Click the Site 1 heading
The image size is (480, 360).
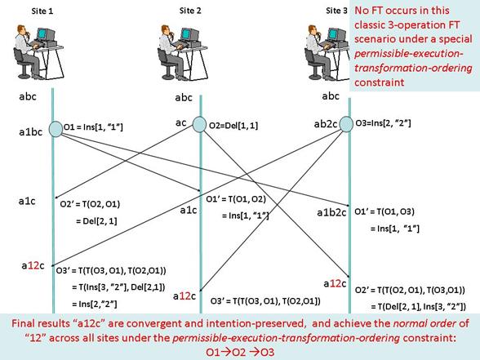click(42, 11)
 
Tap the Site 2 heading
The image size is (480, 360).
click(190, 11)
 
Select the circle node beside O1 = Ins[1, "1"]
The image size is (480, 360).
click(56, 129)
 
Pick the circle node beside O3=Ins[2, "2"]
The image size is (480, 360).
click(346, 124)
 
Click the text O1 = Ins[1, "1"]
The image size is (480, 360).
click(93, 127)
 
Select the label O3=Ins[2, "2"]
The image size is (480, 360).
click(383, 123)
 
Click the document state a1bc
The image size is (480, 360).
click(31, 132)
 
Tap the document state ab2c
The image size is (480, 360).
click(326, 124)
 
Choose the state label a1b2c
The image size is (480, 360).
click(331, 212)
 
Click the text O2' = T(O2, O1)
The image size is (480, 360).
click(90, 204)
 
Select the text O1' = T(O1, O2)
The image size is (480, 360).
click(236, 199)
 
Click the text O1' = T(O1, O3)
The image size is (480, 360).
click(384, 211)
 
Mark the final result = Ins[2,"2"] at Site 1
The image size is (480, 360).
click(95, 304)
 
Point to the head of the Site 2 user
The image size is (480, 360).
click(167, 29)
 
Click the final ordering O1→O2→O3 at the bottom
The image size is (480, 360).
click(240, 352)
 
